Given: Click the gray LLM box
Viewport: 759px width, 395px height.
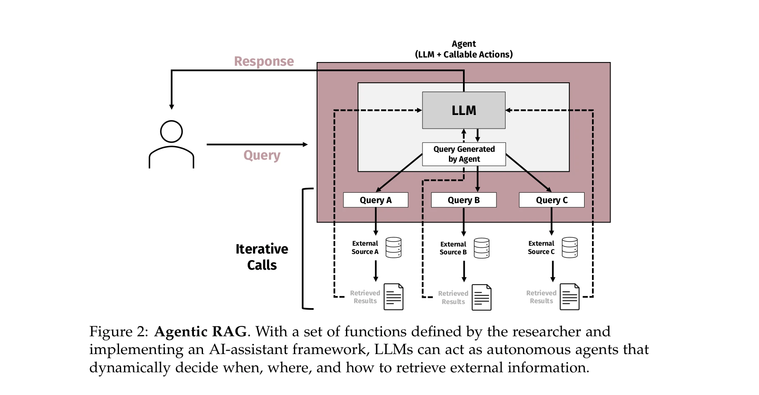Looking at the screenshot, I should click(x=463, y=110).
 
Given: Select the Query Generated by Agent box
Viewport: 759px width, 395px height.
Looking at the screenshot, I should click(x=464, y=154).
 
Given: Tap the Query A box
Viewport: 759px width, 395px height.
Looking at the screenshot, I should click(x=375, y=200).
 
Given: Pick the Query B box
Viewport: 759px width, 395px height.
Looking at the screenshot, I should click(x=463, y=200).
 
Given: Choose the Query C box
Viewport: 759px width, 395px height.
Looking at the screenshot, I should click(x=551, y=200).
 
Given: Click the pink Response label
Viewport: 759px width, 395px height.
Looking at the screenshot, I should click(x=264, y=61).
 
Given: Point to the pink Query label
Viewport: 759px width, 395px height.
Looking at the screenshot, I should click(x=262, y=155).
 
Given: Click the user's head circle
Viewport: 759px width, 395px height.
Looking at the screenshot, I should click(x=171, y=132).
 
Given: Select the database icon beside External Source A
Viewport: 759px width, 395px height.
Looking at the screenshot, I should click(x=393, y=247).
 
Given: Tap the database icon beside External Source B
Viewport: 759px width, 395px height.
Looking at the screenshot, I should click(x=481, y=248).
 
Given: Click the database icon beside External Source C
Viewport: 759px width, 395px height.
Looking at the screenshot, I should click(x=569, y=247).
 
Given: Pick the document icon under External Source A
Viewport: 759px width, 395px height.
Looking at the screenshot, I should click(x=393, y=297).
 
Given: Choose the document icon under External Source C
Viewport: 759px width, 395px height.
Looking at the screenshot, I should click(x=569, y=297).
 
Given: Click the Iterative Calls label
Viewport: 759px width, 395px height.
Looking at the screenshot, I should click(x=262, y=257).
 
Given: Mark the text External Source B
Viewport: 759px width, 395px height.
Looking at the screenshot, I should click(x=453, y=248).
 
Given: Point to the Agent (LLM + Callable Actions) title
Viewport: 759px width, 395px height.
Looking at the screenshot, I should click(x=463, y=49).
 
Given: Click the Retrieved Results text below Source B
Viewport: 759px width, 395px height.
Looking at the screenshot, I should click(x=453, y=297).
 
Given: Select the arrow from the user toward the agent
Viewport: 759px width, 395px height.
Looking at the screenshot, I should click(x=256, y=144).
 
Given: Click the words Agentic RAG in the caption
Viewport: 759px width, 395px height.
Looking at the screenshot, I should click(x=201, y=332).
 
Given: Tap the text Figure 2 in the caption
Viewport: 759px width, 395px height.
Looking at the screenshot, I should click(x=117, y=332).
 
